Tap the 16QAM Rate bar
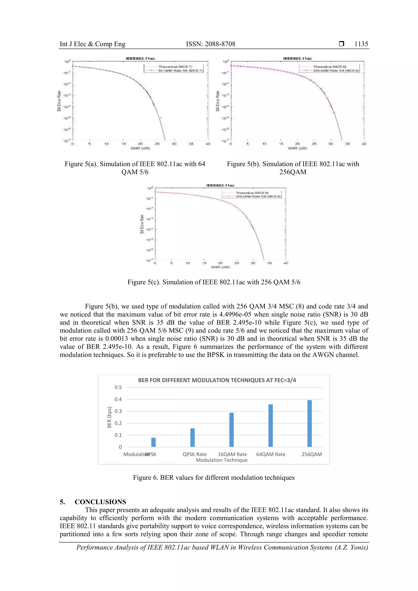[x=231, y=430]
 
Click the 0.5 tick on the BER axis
[x=118, y=387]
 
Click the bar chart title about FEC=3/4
[x=217, y=380]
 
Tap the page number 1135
[x=361, y=44]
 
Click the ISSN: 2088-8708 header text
[x=211, y=44]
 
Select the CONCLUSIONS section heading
[x=100, y=502]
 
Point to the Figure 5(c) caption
[x=214, y=282]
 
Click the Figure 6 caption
[x=214, y=478]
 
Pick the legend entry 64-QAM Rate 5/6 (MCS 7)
[x=181, y=70]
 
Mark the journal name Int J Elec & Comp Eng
[x=92, y=44]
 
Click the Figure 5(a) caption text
[x=135, y=168]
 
